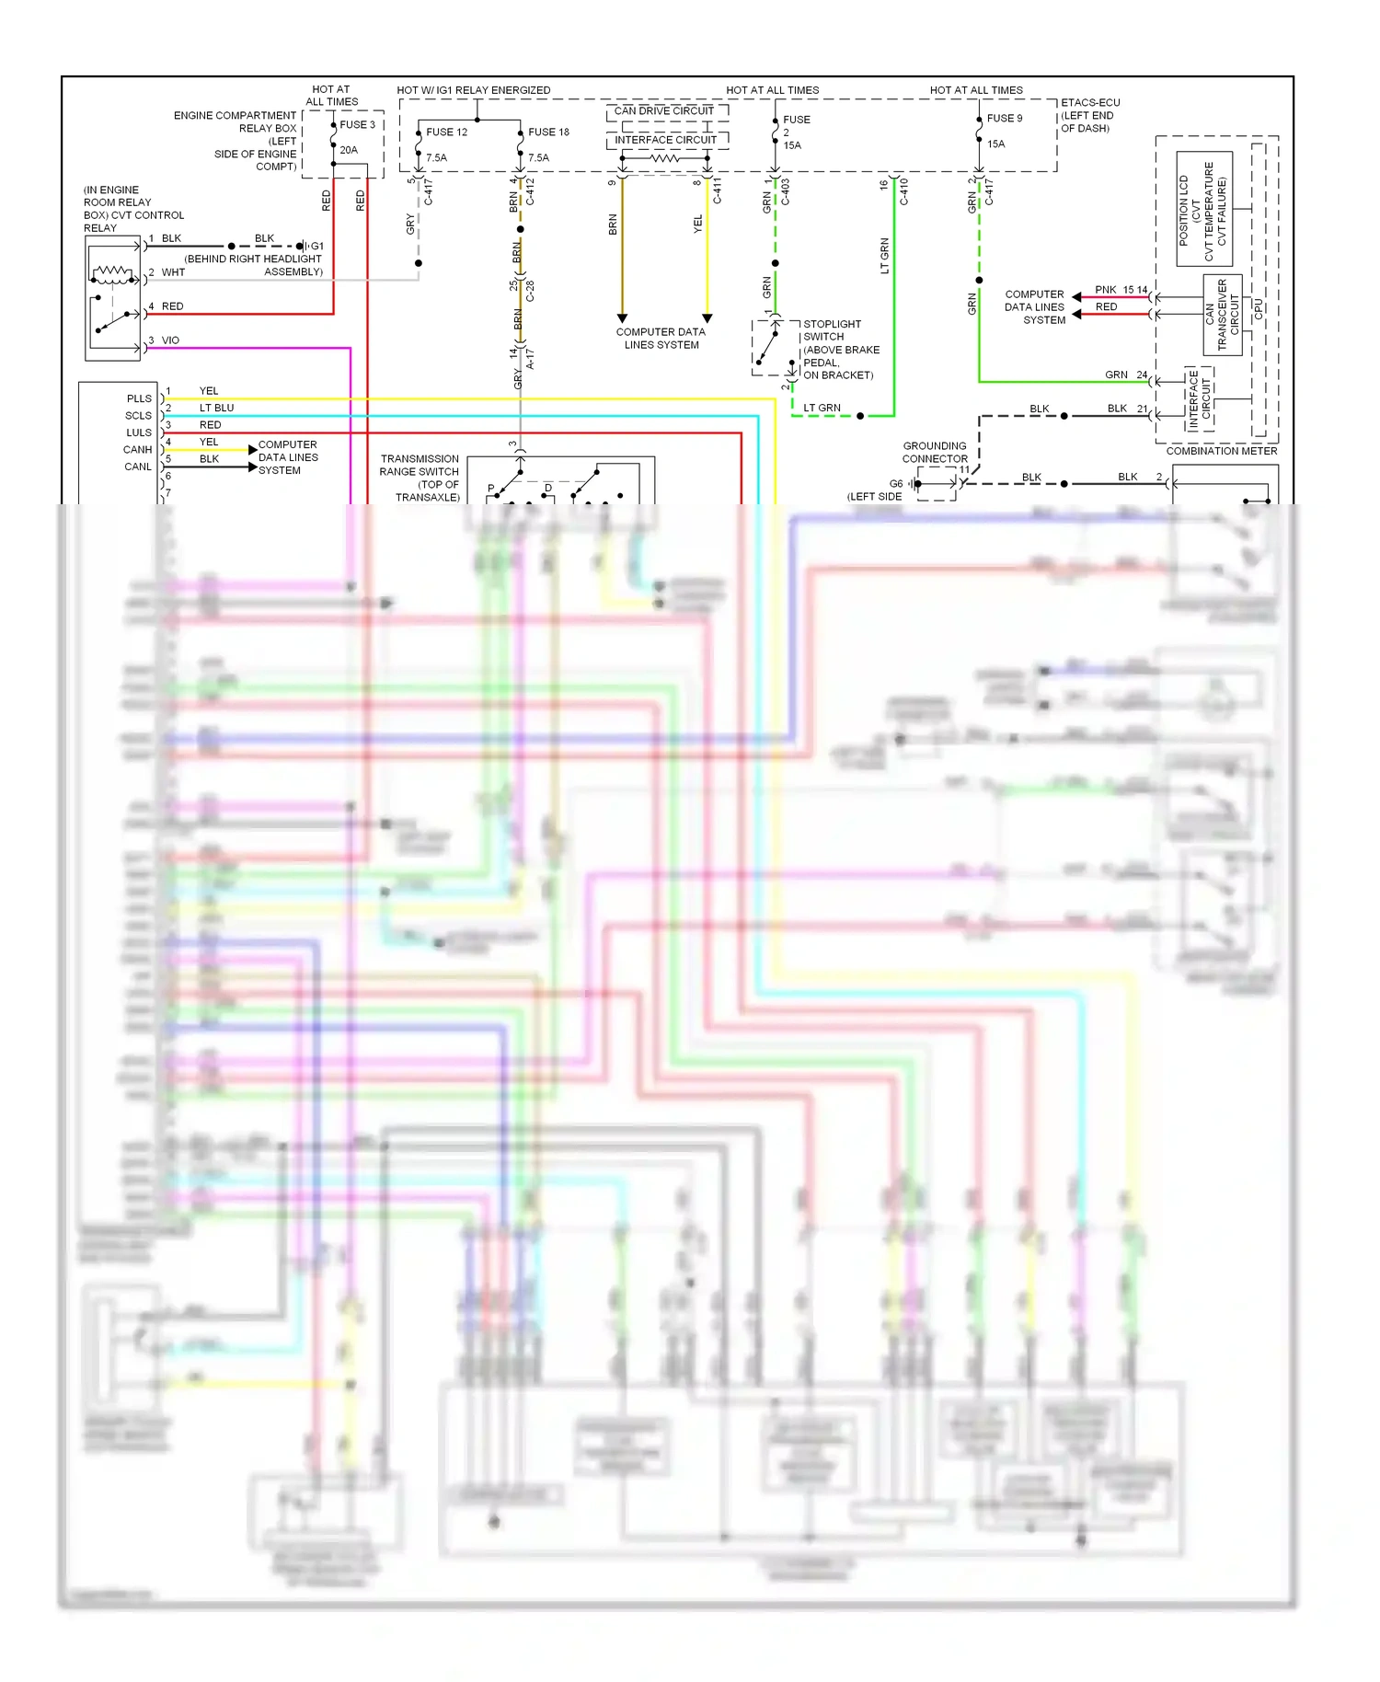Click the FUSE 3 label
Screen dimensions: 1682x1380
[357, 124]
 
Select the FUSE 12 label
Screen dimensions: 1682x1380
[446, 132]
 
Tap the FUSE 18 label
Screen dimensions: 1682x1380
[548, 132]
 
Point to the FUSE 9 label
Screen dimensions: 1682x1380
[1004, 118]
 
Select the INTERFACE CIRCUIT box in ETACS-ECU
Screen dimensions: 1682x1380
[665, 140]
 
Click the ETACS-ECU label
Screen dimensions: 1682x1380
[1090, 102]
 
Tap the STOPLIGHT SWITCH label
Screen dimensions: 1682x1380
[832, 330]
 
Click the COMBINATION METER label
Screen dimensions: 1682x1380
[1221, 451]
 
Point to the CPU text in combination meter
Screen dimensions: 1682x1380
[1258, 310]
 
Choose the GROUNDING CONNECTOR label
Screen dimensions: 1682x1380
[935, 452]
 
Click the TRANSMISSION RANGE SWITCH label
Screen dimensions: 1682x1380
[420, 465]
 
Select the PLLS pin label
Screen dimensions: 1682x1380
[139, 398]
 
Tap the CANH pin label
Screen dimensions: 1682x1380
[137, 450]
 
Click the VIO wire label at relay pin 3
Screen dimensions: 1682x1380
[170, 340]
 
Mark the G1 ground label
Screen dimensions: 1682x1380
[316, 246]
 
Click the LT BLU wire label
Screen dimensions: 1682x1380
[216, 408]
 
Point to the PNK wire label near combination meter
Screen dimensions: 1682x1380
[1105, 290]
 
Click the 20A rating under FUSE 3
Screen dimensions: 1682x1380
[349, 150]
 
